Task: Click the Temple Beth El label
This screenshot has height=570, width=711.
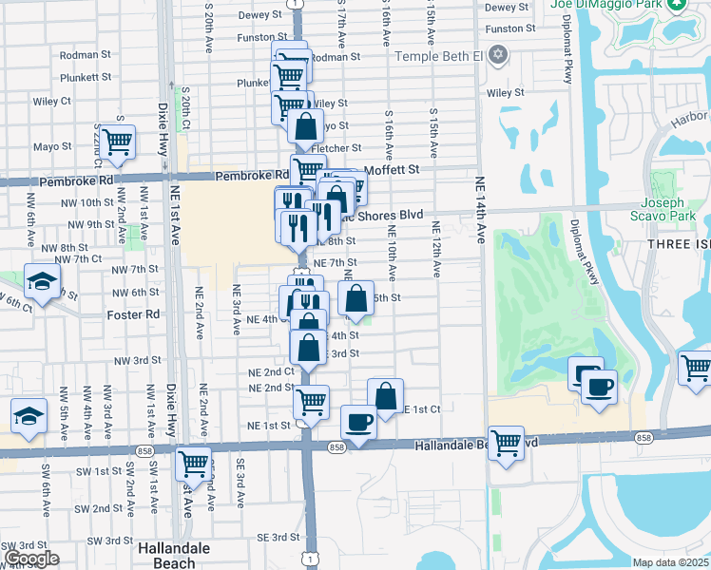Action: click(x=439, y=56)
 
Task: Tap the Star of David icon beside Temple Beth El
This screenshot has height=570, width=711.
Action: click(x=497, y=55)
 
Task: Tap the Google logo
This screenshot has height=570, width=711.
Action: click(x=31, y=559)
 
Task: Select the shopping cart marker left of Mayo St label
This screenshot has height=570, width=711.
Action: click(x=118, y=142)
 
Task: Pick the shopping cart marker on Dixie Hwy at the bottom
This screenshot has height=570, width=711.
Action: click(x=194, y=464)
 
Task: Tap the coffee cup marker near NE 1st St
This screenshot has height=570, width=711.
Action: click(x=358, y=421)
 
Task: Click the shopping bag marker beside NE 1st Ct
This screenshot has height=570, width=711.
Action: click(x=386, y=395)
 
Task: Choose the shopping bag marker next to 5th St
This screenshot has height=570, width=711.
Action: click(x=355, y=298)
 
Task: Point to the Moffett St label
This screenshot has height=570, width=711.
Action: click(x=392, y=169)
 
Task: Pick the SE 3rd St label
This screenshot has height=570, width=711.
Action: click(x=279, y=538)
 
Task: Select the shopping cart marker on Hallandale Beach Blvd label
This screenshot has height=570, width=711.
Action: click(x=506, y=442)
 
